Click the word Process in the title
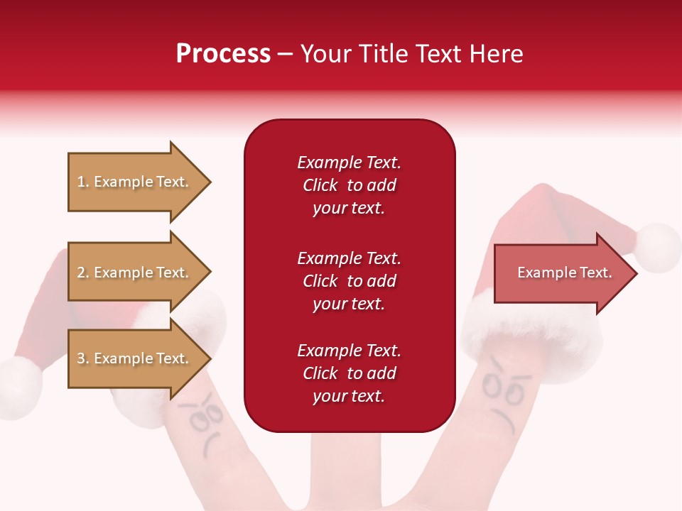click(223, 54)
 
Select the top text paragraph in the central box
click(349, 185)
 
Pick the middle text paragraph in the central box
click(349, 281)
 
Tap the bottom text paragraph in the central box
click(349, 373)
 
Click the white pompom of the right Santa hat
click(658, 247)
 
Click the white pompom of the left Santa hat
click(19, 387)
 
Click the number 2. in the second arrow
click(83, 273)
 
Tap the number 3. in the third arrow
click(83, 358)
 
